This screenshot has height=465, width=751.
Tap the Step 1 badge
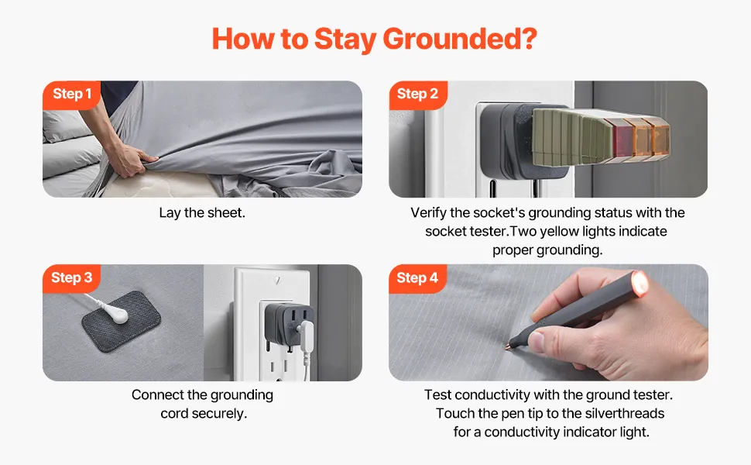point(72,94)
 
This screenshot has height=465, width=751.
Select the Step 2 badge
point(417,94)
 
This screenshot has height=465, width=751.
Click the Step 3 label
point(72,277)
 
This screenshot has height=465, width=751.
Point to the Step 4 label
point(417,277)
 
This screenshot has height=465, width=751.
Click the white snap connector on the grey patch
point(117,315)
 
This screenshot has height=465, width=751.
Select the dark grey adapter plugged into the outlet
point(287,326)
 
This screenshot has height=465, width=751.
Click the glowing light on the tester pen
point(640,281)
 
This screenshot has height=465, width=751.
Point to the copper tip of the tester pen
point(509,346)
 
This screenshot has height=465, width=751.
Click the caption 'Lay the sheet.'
point(202,213)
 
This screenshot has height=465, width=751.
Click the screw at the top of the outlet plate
point(276,280)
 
